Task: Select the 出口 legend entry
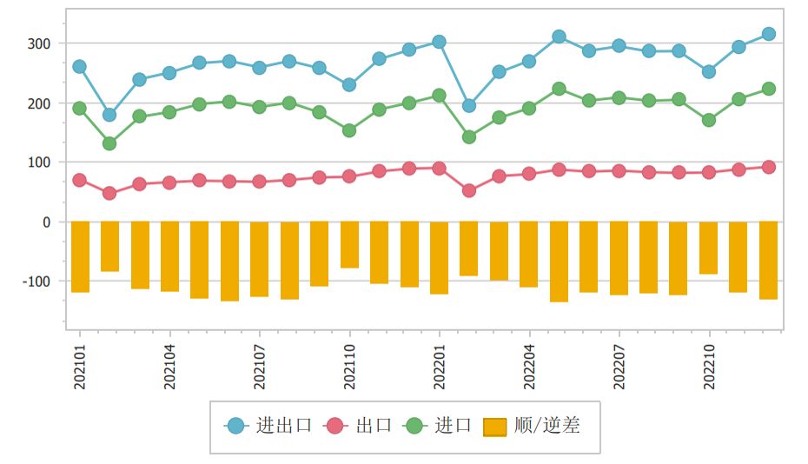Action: tap(358, 426)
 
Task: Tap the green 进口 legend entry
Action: tap(440, 426)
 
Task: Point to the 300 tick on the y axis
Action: tap(40, 43)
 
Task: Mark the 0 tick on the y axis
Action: tap(47, 222)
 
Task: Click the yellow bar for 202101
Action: tap(80, 256)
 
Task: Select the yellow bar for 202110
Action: tap(349, 244)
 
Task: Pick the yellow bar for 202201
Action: tap(440, 257)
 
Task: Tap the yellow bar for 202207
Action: tap(619, 258)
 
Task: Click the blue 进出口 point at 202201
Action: tap(440, 42)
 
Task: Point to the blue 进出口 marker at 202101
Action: tap(80, 67)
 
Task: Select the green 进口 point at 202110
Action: tap(349, 130)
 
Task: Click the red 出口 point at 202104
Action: tap(169, 182)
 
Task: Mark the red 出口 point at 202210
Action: tap(709, 172)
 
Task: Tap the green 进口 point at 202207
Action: tap(619, 98)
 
